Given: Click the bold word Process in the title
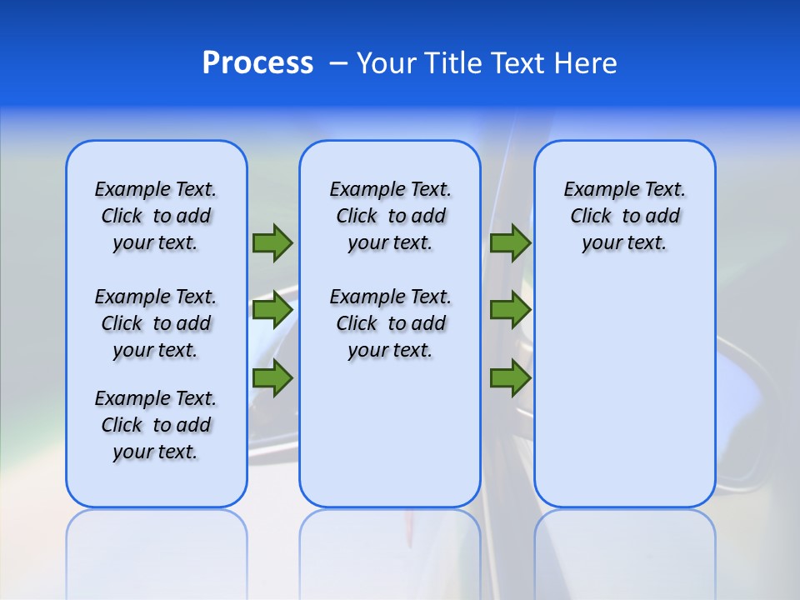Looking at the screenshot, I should (257, 63).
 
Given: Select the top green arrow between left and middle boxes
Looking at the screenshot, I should (272, 242).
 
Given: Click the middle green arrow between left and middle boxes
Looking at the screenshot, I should (272, 310).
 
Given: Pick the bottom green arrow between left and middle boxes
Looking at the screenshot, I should (272, 378).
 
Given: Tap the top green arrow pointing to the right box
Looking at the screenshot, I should (510, 242).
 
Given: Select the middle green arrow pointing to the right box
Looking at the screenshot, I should (510, 310).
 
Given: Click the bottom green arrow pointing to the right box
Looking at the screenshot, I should (510, 378).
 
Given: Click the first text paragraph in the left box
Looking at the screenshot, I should (156, 216).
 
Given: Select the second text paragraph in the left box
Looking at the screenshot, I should (156, 323).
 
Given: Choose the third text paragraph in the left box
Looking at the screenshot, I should (156, 425).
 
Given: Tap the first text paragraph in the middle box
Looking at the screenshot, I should (390, 216).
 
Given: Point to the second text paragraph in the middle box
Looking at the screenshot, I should (390, 323).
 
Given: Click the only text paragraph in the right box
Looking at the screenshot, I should (624, 216).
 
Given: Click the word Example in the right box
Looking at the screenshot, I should (594, 190).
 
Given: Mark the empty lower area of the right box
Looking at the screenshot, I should (624, 392).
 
